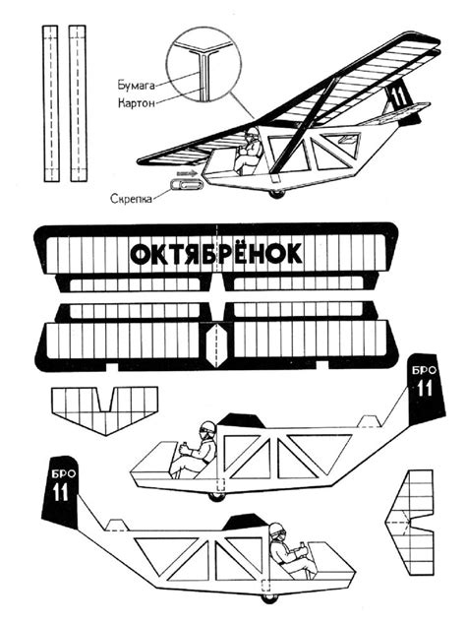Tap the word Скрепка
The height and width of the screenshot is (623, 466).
coord(133,197)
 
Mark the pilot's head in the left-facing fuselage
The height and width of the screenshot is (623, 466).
coord(206,431)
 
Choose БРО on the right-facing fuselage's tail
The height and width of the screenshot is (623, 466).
coord(57,473)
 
